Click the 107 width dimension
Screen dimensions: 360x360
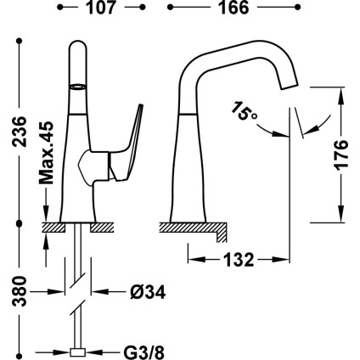101,8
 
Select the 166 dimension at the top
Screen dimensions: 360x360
233,8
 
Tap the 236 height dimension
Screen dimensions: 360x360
20,132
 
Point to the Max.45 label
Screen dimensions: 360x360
46,153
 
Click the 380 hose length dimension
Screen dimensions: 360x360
20,291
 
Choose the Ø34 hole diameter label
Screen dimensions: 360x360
148,292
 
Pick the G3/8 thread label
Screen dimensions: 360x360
143,352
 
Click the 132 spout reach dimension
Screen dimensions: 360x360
239,260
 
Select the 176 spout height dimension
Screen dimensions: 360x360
340,155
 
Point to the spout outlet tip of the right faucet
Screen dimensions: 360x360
290,87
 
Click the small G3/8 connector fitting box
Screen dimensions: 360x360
77,352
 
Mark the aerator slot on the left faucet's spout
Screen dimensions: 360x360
77,87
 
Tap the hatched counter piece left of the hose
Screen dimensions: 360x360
53,228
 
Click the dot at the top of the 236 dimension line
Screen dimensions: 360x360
20,42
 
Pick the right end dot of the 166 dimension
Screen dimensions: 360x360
297,8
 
